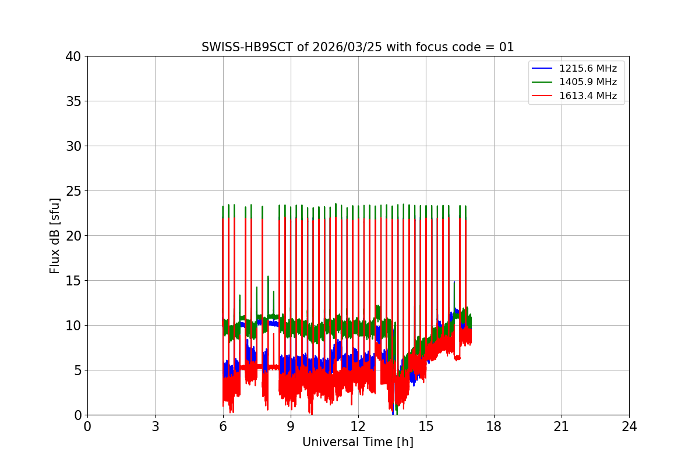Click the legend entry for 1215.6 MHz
(x=588, y=69)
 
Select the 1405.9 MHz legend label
(x=588, y=82)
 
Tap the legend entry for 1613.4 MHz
(x=588, y=96)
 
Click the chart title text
(x=358, y=47)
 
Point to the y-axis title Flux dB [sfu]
(x=55, y=235)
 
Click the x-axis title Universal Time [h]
(x=358, y=442)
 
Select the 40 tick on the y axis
(x=73, y=57)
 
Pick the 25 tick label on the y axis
(x=73, y=191)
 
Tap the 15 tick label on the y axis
(x=73, y=281)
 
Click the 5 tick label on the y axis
(x=77, y=370)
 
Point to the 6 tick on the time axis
(x=223, y=426)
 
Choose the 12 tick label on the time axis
(x=358, y=426)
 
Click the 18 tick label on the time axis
(x=493, y=426)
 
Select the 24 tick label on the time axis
(x=629, y=426)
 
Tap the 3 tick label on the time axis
(x=155, y=426)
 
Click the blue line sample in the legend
(x=542, y=69)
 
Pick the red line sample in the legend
(x=542, y=96)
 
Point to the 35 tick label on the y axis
(x=73, y=101)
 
